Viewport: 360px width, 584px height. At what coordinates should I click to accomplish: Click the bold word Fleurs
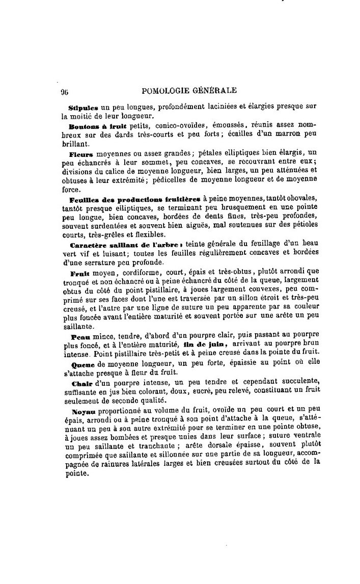80,153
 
